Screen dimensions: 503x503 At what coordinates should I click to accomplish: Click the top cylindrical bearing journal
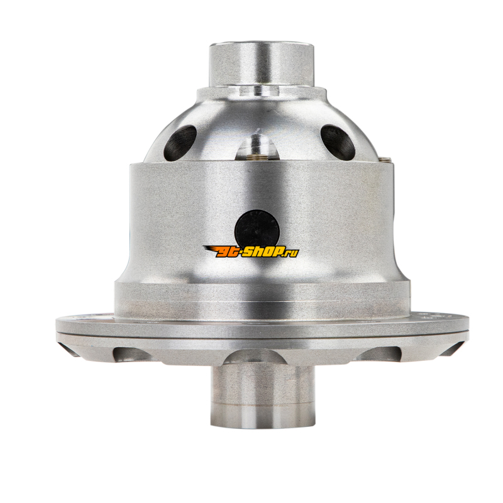pos(262,64)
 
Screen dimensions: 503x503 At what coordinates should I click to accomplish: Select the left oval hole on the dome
pos(179,140)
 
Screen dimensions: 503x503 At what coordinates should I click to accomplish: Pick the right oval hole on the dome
pos(338,141)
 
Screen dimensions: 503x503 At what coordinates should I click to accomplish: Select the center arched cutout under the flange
pos(255,357)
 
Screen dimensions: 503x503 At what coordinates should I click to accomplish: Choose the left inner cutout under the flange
pos(132,354)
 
